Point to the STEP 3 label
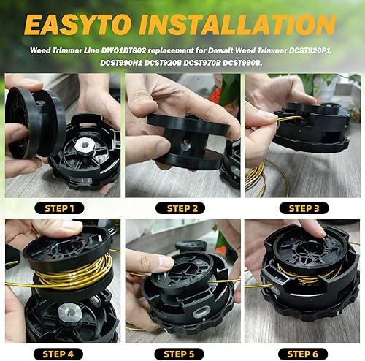tap(302, 208)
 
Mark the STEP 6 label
tap(302, 354)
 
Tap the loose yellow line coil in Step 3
tap(258, 175)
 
